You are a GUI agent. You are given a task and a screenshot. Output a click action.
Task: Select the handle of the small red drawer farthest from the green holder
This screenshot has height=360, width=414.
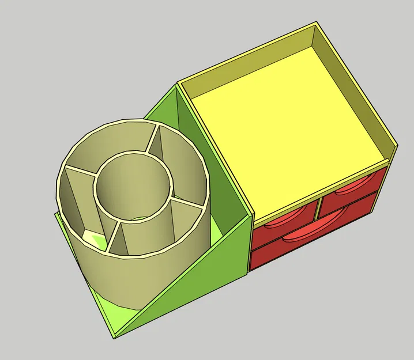pos(349,188)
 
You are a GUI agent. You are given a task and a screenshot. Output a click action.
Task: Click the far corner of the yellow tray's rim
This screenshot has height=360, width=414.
pos(317,24)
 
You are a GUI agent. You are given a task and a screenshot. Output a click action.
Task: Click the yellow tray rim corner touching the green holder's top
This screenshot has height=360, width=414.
pos(179,84)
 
